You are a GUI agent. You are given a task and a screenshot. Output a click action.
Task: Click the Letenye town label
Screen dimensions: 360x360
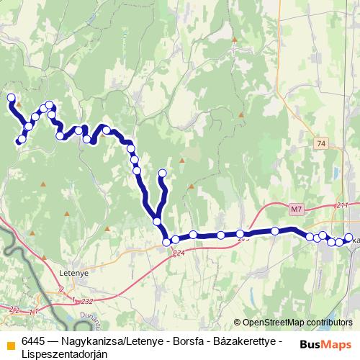72,274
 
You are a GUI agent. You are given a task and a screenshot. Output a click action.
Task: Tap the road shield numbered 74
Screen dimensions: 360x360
321,144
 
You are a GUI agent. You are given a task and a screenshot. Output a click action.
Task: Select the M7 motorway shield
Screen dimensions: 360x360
296,210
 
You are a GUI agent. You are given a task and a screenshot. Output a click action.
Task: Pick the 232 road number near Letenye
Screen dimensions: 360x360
87,301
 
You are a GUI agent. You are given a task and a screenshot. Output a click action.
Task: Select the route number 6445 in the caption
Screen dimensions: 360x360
35,341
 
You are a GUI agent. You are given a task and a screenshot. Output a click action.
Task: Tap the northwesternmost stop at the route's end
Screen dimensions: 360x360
11,97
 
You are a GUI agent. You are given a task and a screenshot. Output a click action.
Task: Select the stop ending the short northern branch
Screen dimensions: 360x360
162,173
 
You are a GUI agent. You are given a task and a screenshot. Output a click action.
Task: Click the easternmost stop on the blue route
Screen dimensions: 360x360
349,238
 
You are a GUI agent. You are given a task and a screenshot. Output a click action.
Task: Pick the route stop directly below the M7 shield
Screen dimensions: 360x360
275,230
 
